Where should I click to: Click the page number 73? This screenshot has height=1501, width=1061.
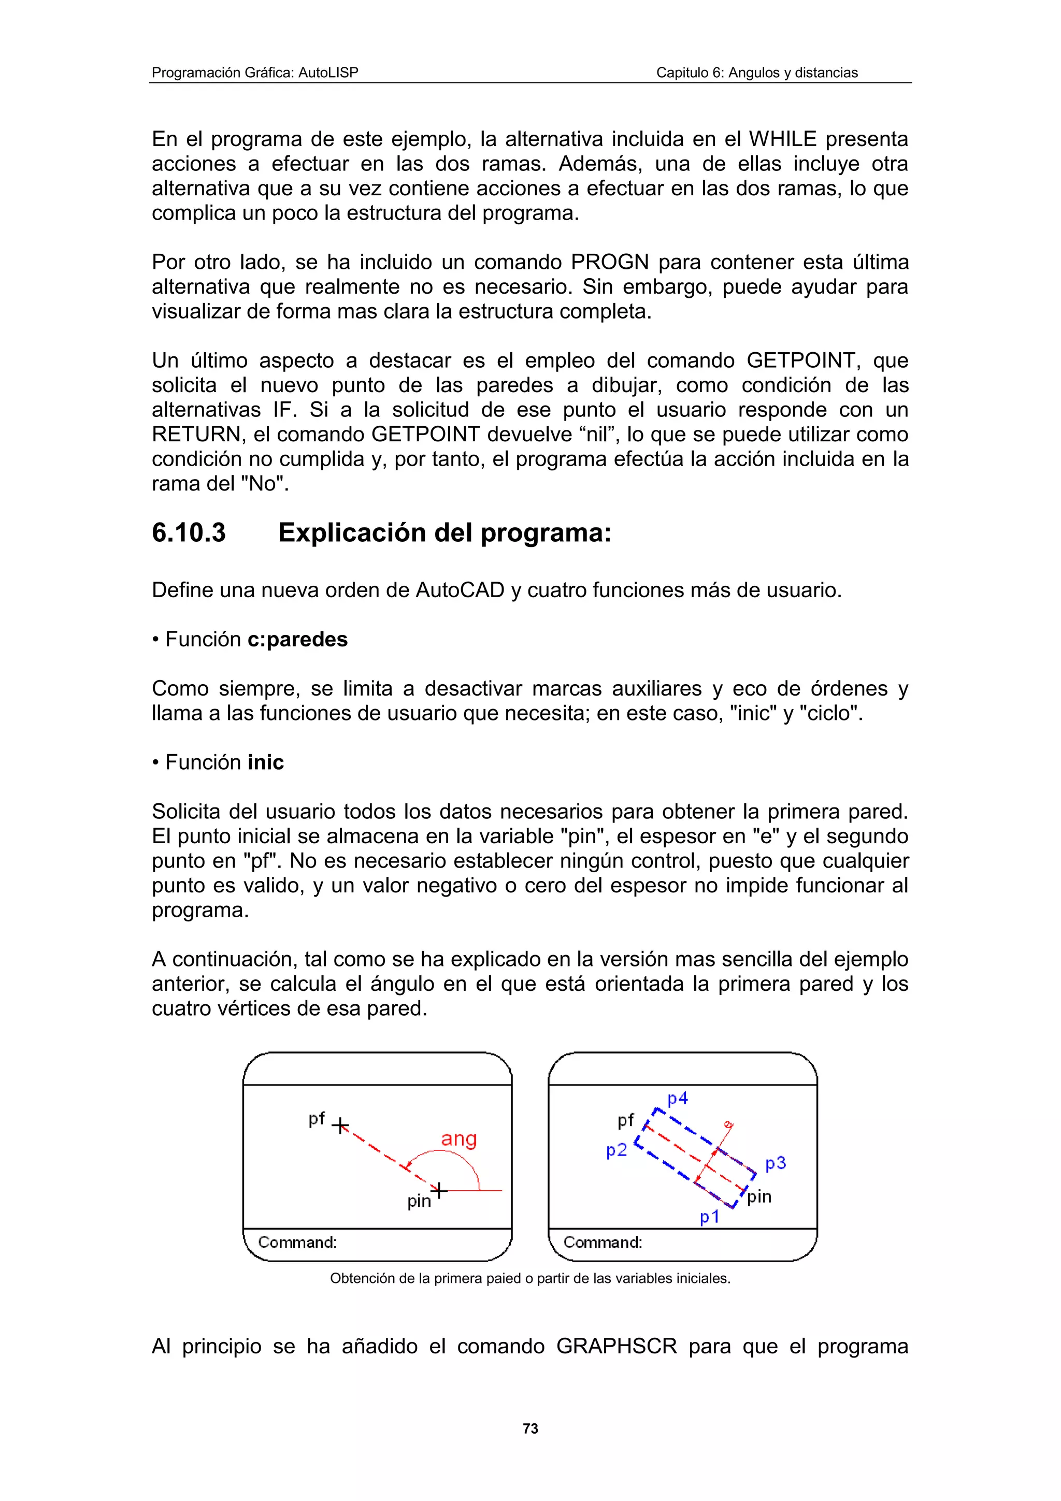click(530, 1428)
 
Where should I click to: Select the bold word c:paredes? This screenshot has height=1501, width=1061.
click(297, 639)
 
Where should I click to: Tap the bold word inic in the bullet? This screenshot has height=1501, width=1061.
click(265, 762)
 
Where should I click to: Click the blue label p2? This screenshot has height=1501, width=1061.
click(616, 1150)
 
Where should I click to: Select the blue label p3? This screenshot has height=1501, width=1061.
click(776, 1163)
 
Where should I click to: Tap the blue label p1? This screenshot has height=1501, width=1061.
click(709, 1217)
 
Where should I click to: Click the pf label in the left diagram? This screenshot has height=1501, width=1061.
click(317, 1119)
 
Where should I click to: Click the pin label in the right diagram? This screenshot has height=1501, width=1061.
click(759, 1196)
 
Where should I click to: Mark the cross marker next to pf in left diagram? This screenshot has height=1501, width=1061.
click(340, 1127)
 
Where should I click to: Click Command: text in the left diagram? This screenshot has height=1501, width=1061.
click(297, 1242)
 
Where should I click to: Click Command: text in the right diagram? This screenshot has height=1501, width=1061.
click(603, 1242)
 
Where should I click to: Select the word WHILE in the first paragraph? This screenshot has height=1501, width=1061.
click(782, 139)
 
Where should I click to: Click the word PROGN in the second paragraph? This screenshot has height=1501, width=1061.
click(609, 262)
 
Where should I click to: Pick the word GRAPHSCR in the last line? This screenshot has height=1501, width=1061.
click(616, 1347)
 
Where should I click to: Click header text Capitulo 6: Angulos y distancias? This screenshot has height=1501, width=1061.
click(756, 73)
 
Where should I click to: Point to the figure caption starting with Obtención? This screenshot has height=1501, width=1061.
click(530, 1278)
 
